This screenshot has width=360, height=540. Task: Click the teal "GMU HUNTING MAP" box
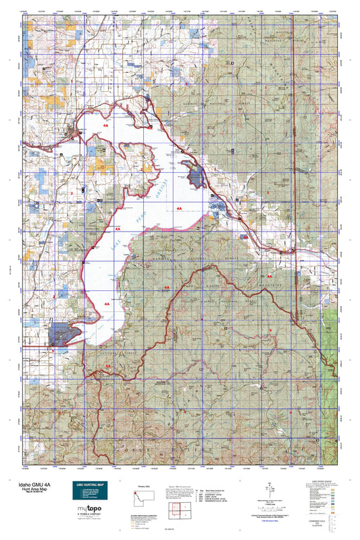tap(91, 492)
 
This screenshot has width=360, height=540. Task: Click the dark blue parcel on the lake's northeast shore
tap(197, 178)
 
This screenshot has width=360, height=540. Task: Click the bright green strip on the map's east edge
tap(329, 337)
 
